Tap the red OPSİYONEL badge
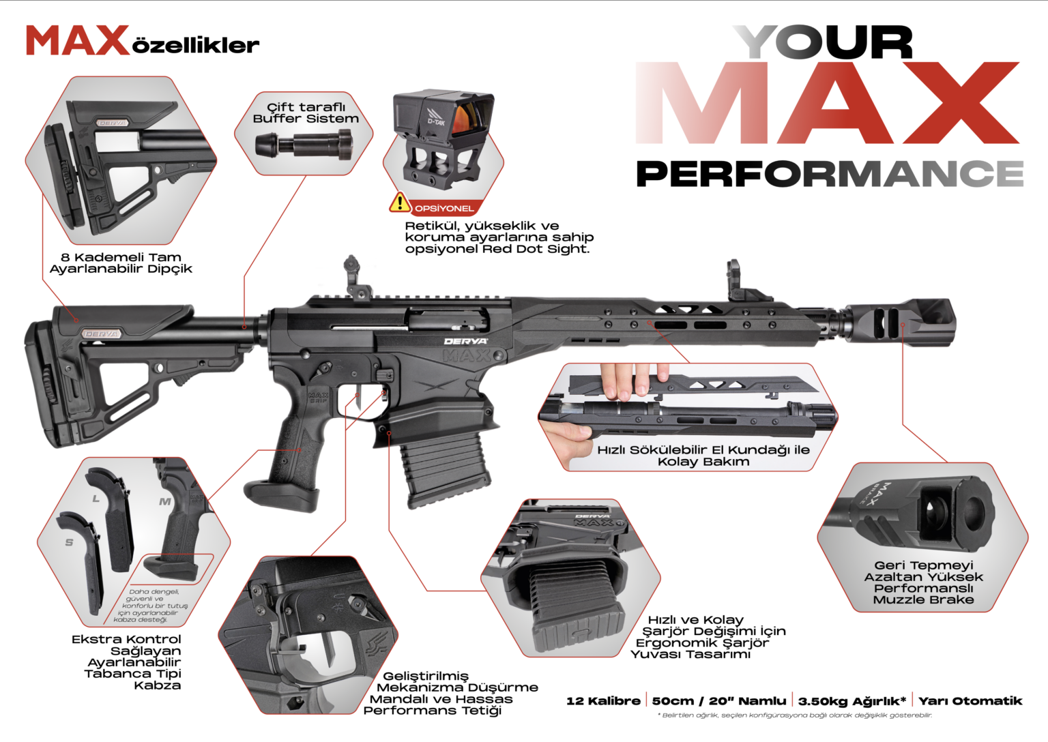coord(443,209)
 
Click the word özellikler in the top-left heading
coord(196,46)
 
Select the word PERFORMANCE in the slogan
coord(830,173)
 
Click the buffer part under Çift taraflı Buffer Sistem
coord(304,145)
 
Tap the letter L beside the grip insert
coord(96,499)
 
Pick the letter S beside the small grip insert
coord(69,542)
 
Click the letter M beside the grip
coord(164,502)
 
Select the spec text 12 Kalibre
coord(603,701)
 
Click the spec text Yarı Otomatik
coord(970,701)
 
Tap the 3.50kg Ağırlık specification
coord(852,701)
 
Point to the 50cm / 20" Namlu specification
coord(718,701)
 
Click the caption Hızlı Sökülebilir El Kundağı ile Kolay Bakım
coord(703,456)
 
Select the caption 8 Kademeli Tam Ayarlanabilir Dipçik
coord(121,263)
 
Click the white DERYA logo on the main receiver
coord(465,341)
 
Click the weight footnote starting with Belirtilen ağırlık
coord(794,715)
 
